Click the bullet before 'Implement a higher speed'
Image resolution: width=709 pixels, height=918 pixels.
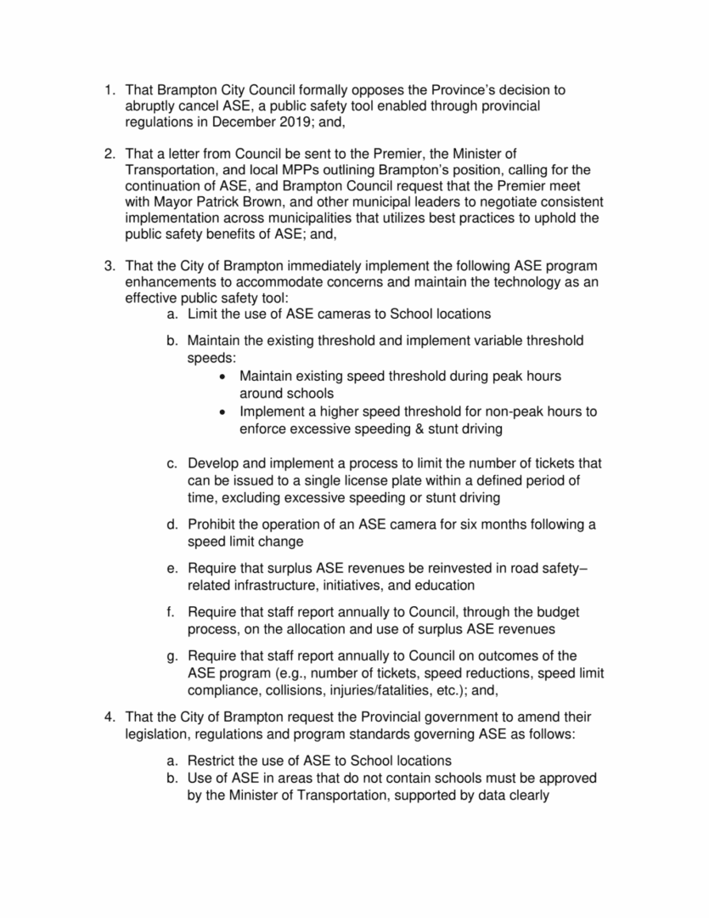click(222, 412)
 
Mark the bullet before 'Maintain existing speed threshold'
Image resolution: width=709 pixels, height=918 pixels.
click(222, 376)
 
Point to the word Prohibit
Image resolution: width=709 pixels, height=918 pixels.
click(216, 524)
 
